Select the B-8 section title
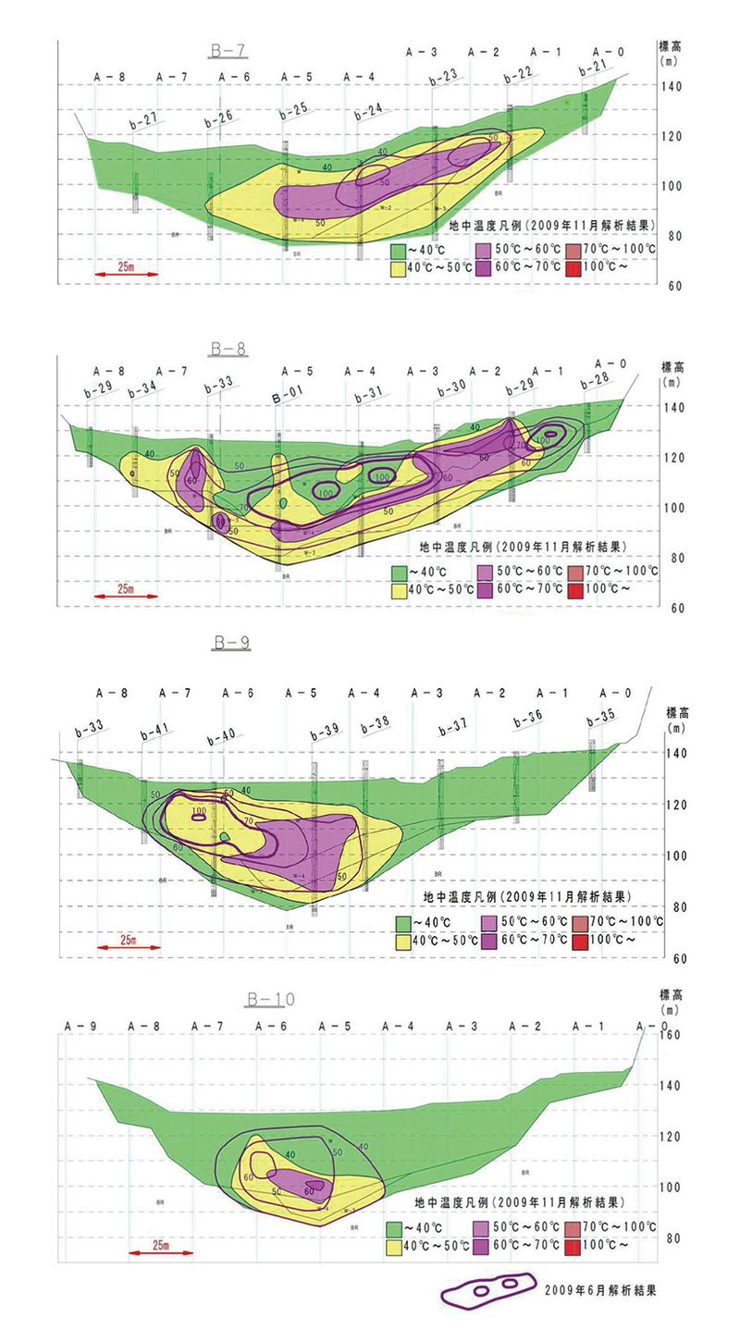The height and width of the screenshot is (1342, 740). pyautogui.click(x=228, y=349)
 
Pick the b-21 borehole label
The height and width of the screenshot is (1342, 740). pyautogui.click(x=591, y=67)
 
